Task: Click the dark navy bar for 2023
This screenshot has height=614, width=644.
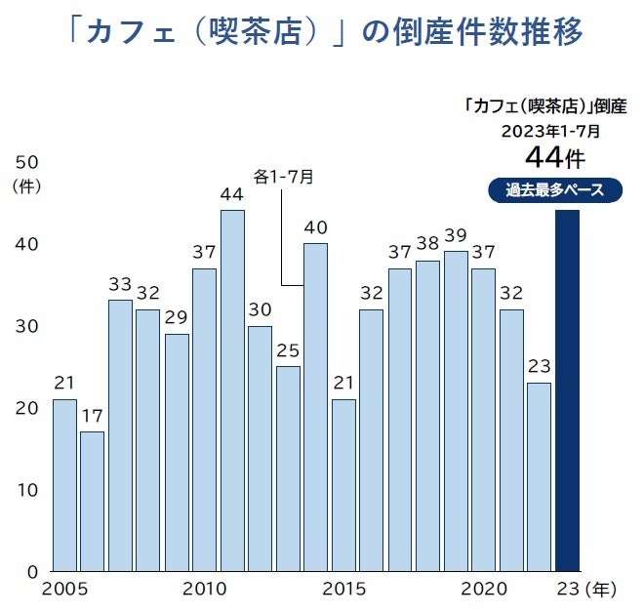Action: tap(567, 390)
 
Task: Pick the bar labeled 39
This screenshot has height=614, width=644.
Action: tap(456, 410)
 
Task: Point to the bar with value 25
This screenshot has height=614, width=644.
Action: tap(287, 469)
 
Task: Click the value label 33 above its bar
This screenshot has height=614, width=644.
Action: tap(120, 285)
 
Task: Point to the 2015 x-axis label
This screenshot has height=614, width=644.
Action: tap(344, 589)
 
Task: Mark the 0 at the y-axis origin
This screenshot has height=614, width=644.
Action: tap(31, 571)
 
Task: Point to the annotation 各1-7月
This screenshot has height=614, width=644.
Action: tap(284, 176)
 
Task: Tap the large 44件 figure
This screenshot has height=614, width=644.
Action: tap(554, 156)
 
